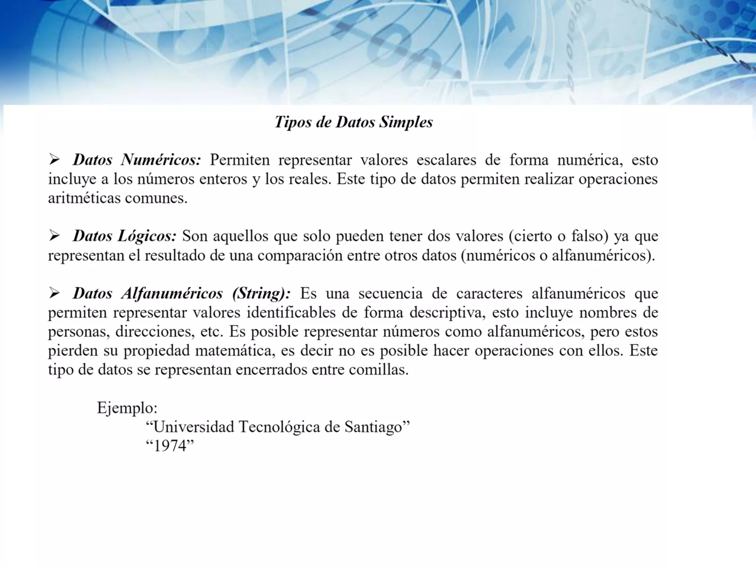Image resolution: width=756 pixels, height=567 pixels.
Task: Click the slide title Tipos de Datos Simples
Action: point(354,122)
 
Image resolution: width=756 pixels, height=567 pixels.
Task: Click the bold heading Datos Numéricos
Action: point(137,160)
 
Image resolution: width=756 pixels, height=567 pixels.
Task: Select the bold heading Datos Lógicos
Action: point(124,236)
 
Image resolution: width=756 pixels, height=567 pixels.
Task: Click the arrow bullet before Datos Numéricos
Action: point(54,160)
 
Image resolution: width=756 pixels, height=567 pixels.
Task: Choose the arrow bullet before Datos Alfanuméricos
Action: point(54,294)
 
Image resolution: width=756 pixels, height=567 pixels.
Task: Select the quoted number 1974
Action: point(170,446)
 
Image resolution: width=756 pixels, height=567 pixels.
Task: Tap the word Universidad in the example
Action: point(193,427)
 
